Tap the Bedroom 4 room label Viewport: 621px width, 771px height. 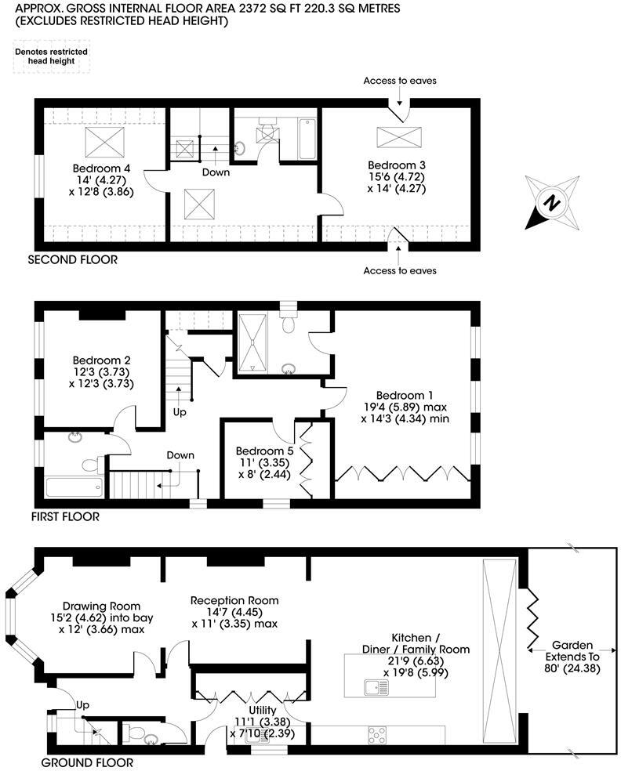pos(101,168)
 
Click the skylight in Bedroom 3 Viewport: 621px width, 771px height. pos(398,136)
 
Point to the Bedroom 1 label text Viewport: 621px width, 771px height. pos(404,395)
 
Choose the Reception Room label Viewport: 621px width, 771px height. pos(234,601)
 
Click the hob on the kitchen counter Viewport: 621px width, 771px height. pos(377,735)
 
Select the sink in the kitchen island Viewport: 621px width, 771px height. pos(376,687)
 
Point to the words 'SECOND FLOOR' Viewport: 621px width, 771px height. pos(72,259)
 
